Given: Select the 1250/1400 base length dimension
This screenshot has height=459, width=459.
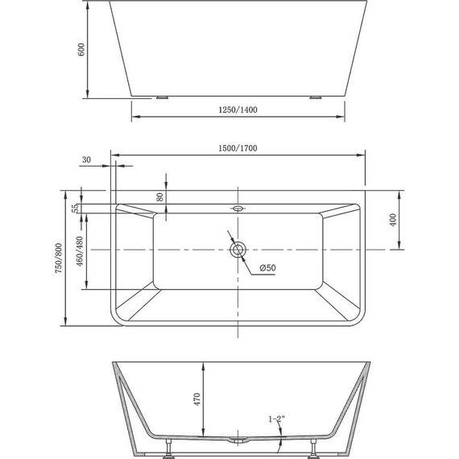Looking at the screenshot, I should coord(239,109).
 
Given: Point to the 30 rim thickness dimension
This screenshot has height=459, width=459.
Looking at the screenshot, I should coord(86,161).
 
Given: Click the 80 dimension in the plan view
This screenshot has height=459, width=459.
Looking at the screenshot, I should coord(161,196).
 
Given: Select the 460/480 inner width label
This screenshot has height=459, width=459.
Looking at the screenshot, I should coord(77,252).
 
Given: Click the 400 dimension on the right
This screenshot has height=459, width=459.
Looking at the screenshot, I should coord(394,221).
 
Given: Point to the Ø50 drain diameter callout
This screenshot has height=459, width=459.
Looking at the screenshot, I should coord(267,269).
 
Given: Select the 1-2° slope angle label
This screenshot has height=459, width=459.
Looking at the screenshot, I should coord(275,419).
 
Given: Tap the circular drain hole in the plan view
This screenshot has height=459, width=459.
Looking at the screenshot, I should coord(238,250).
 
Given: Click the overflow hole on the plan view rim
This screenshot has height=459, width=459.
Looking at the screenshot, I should coord(238,209).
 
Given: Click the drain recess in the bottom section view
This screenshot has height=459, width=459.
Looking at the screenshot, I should coord(238,440).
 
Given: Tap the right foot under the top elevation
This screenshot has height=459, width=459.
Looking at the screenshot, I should coord(312,98).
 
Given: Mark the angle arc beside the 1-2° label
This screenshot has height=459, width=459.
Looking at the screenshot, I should coord(279,435).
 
